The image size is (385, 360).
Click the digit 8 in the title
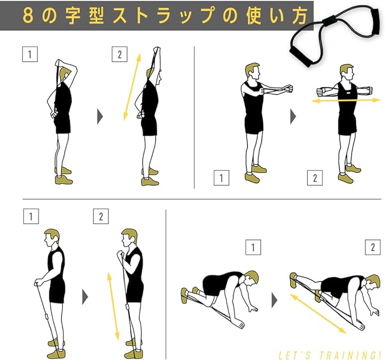click(28, 15)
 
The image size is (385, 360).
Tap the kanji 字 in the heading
click(73, 15)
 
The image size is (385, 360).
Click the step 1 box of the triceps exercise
click(30, 54)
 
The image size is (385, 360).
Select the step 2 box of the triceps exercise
click(120, 54)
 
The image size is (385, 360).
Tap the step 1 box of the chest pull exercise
click(222, 177)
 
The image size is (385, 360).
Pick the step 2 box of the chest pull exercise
click(315, 177)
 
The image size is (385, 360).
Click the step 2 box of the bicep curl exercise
click(101, 217)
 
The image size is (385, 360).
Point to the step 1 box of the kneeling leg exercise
click(253, 247)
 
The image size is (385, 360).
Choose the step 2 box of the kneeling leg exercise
click(373, 247)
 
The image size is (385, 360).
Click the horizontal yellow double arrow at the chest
click(346, 100)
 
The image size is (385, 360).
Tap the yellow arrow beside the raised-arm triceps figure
click(132, 87)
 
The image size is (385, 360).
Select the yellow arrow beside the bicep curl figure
click(113, 306)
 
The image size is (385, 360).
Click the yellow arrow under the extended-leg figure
click(318, 314)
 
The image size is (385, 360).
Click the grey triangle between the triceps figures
click(100, 117)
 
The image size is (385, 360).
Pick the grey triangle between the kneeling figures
click(274, 300)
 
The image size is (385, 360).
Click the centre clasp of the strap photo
click(330, 21)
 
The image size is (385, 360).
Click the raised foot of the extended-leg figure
click(294, 279)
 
